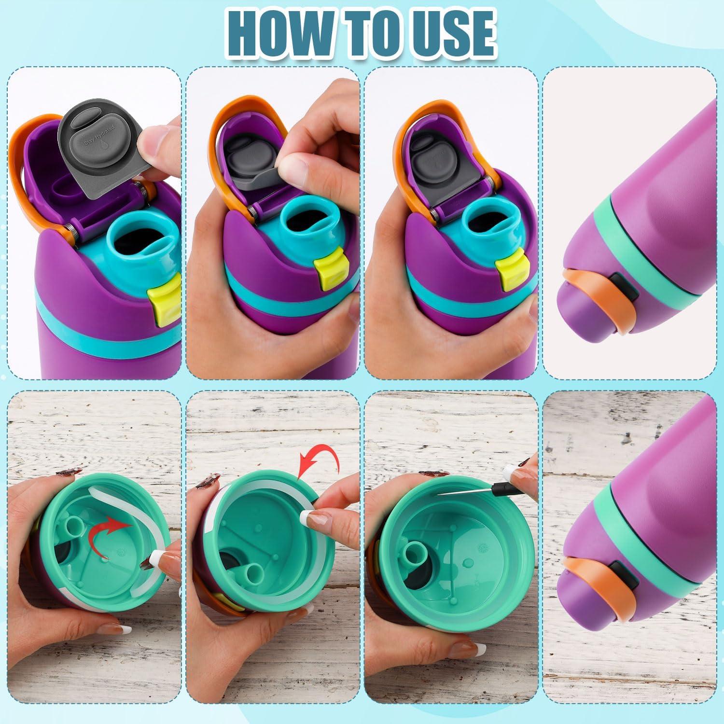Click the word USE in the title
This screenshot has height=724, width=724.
click(446, 33)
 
